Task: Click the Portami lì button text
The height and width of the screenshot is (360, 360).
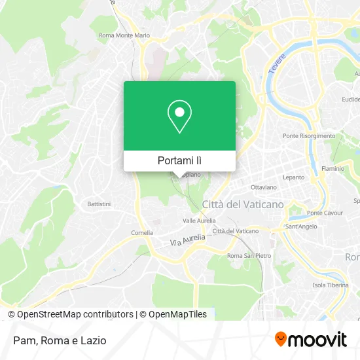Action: click(179, 160)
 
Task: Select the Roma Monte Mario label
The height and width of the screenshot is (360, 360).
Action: click(124, 35)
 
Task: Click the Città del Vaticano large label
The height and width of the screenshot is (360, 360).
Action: click(243, 204)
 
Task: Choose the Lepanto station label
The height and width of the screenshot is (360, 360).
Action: click(294, 177)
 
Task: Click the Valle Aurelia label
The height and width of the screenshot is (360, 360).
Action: click(199, 221)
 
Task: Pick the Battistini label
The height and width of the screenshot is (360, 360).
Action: click(99, 204)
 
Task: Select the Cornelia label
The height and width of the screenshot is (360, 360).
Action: click(142, 232)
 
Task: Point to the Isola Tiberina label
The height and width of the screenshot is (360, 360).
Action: click(328, 285)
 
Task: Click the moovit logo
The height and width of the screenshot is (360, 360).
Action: click(310, 340)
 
